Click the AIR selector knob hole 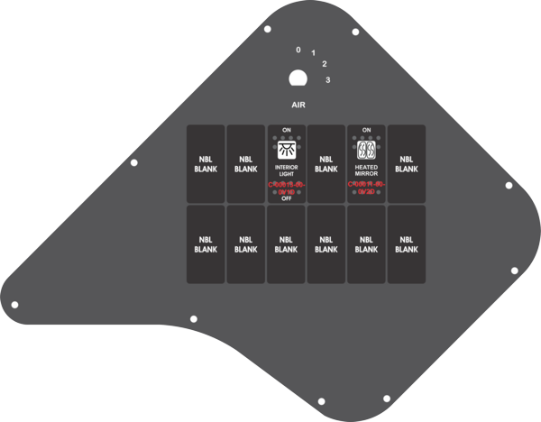297,78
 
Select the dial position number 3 328,80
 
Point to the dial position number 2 325,64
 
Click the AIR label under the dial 298,105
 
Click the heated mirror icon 366,151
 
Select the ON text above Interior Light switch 286,130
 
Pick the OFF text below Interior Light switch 286,198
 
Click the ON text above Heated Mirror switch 366,130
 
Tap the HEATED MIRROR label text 366,171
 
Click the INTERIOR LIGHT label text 286,171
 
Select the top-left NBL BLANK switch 206,164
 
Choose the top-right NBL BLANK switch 407,164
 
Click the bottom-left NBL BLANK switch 206,244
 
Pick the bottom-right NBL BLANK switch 407,244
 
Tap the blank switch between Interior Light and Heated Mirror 326,164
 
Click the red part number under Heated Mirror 366,188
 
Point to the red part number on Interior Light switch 286,188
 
